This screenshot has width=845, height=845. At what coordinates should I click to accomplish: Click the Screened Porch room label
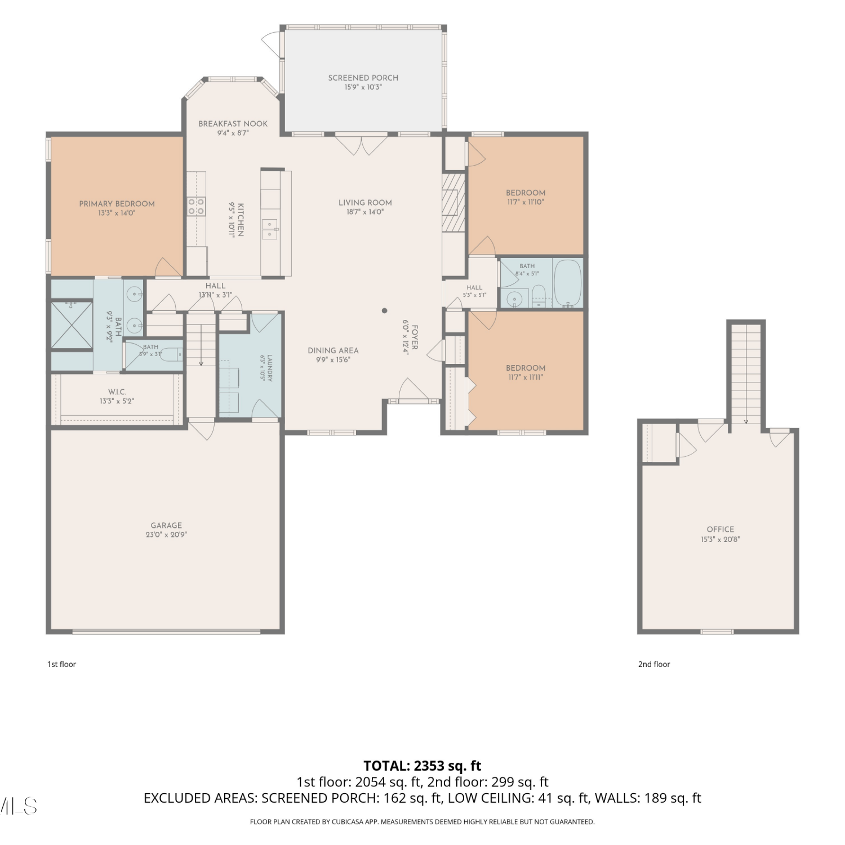(x=363, y=78)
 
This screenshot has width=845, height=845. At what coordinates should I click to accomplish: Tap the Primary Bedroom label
(x=117, y=204)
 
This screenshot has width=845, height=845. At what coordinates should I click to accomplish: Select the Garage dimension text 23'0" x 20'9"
(x=166, y=535)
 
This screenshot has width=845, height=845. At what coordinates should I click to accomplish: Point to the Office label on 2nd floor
(x=721, y=530)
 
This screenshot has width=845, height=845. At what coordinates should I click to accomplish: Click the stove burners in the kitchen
(x=197, y=206)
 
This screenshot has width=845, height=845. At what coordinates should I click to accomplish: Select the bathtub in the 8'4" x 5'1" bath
(x=568, y=283)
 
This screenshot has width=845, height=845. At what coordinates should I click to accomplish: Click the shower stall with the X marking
(x=72, y=326)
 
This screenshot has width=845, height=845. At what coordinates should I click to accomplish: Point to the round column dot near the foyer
(x=385, y=310)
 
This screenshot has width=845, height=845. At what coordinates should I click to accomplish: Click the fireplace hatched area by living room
(x=453, y=202)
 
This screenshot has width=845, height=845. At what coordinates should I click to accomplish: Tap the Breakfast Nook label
(x=233, y=124)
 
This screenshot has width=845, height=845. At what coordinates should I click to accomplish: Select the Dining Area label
(x=333, y=350)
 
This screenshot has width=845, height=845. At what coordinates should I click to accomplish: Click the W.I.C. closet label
(x=117, y=392)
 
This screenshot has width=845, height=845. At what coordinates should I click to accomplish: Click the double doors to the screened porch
(x=361, y=144)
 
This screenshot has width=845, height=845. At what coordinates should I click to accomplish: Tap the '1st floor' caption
(x=61, y=664)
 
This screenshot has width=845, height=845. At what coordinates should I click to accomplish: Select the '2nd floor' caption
(x=654, y=664)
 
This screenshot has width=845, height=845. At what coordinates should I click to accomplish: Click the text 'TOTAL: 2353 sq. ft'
(x=422, y=766)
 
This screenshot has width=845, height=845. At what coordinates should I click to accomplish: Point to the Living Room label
(x=365, y=203)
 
